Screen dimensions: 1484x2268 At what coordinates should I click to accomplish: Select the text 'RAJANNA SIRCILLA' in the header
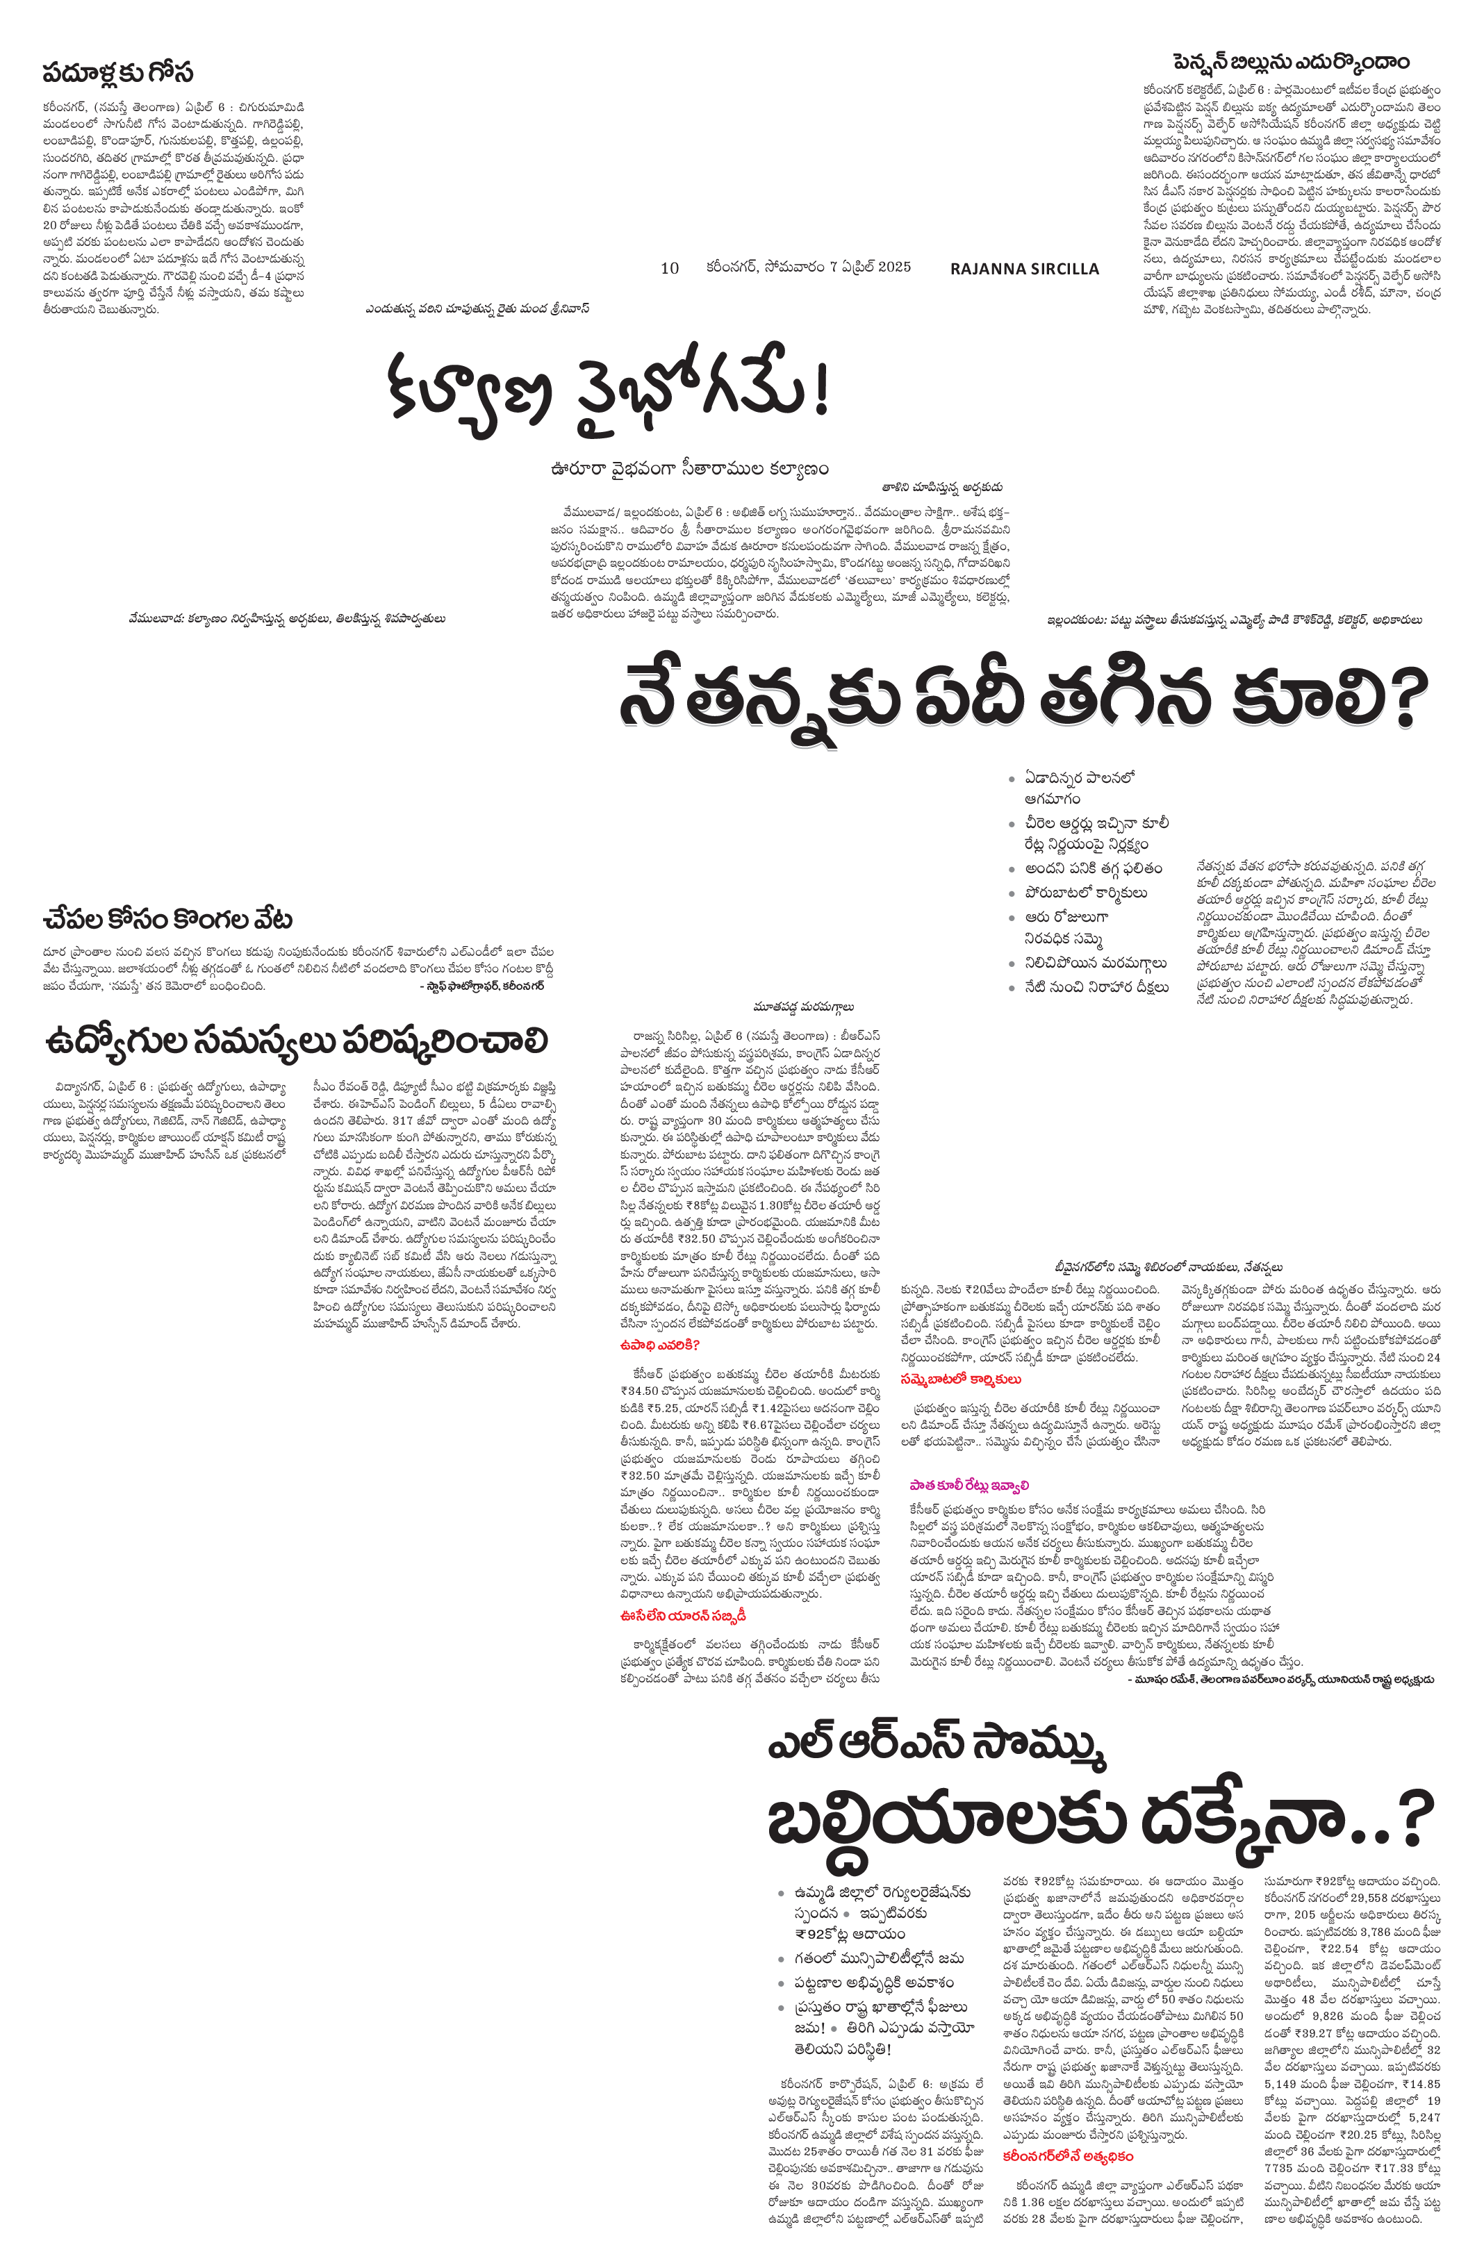(1025, 269)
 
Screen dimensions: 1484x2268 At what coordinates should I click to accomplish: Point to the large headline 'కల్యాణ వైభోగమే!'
(608, 394)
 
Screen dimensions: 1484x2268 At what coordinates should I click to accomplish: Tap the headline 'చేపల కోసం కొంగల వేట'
(167, 920)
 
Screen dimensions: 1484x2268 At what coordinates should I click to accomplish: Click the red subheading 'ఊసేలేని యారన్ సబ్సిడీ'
(682, 1615)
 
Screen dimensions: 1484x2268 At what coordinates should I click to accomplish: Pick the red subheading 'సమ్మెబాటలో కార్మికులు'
(961, 1379)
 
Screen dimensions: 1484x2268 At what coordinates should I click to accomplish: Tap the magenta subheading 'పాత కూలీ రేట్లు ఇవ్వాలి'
(969, 1484)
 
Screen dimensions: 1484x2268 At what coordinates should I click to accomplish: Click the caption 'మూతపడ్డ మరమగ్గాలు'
(802, 1005)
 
